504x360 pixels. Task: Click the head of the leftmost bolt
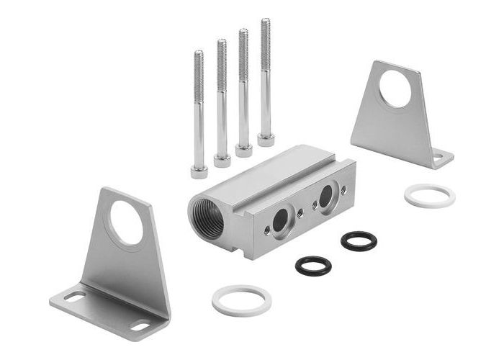point(199,171)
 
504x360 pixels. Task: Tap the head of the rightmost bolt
point(266,138)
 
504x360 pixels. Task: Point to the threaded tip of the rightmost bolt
point(265,23)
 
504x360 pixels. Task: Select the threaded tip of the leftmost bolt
point(198,55)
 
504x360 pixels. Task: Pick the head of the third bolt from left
point(244,150)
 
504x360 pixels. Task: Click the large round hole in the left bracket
point(126,222)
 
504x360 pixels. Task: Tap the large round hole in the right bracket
point(395,89)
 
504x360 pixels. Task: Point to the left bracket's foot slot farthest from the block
point(74,296)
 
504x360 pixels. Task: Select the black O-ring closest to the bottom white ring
point(313,265)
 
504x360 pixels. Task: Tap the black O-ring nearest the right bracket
point(359,240)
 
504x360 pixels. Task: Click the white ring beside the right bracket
point(429,196)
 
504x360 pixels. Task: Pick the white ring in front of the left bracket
point(241,300)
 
